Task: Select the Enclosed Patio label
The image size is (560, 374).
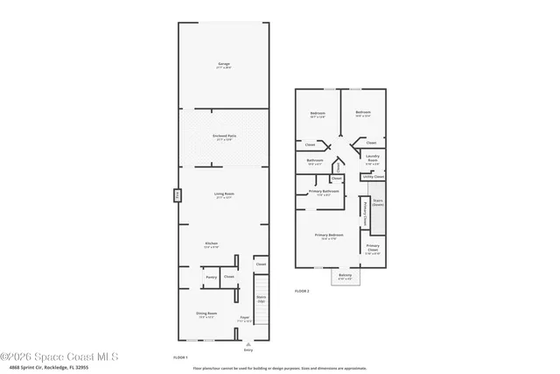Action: [224, 137]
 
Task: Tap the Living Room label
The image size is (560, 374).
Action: [224, 195]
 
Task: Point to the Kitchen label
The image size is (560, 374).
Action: [211, 244]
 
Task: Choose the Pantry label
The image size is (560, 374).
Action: [211, 277]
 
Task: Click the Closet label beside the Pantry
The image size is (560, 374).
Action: [229, 277]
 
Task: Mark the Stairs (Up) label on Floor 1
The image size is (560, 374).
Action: [261, 299]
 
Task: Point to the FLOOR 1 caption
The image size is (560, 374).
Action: [181, 358]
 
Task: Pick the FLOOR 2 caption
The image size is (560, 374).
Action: [302, 290]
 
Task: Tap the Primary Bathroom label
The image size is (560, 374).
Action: [324, 192]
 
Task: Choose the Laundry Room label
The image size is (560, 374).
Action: [372, 159]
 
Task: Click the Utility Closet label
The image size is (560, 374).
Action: [374, 176]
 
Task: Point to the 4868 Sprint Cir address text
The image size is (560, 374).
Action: [51, 369]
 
